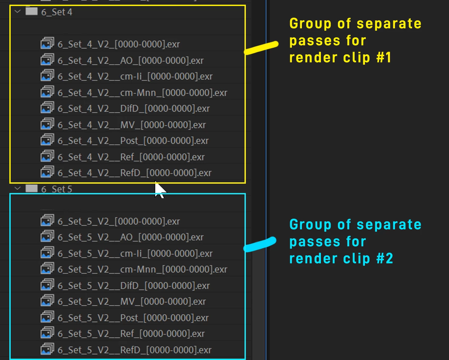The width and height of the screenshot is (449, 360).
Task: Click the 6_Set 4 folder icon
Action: tap(31, 11)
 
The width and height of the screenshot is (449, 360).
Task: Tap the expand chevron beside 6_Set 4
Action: tap(18, 11)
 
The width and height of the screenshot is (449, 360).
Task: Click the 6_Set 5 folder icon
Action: tap(31, 188)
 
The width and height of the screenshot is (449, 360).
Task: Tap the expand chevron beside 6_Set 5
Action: tap(18, 188)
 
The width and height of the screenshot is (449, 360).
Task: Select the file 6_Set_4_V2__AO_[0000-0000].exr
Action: tap(130, 61)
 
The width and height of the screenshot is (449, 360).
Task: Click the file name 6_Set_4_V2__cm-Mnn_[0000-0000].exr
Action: tap(142, 93)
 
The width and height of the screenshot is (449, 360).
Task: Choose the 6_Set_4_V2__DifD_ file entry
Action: tap(133, 109)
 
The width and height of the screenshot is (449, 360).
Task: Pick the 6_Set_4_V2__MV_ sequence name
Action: tap(132, 125)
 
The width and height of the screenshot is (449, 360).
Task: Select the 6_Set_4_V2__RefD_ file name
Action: tap(134, 173)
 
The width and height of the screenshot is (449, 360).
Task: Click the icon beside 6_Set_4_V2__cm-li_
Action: tap(47, 75)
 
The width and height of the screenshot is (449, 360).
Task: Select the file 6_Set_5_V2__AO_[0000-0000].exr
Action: tap(130, 237)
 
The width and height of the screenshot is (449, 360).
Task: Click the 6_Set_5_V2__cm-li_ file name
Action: tap(135, 253)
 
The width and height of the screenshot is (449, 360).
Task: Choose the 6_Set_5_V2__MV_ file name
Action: tap(132, 301)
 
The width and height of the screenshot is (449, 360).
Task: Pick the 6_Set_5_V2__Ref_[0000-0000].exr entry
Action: tap(131, 334)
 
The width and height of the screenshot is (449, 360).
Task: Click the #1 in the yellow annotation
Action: tap(384, 58)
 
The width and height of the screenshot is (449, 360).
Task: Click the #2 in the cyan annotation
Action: tap(385, 258)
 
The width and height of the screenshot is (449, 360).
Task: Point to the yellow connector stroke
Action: tap(261, 48)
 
